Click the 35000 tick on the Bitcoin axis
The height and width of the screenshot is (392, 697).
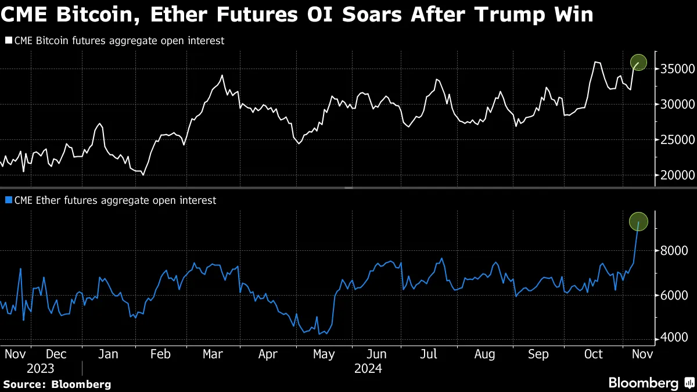coord(676,69)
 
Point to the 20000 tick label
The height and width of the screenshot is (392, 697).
coord(676,175)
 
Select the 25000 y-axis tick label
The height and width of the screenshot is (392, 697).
coord(676,140)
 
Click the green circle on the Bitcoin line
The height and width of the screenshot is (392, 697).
coord(638,62)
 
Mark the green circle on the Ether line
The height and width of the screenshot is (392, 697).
coord(638,221)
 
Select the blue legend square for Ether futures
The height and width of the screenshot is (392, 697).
coord(8,200)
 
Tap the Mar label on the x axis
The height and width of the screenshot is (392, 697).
coord(213,354)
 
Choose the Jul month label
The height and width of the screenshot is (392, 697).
coord(429,354)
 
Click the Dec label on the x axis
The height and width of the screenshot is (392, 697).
coord(56,354)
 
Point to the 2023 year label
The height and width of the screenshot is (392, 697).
coord(40,369)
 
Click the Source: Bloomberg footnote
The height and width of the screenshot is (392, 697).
coord(57,384)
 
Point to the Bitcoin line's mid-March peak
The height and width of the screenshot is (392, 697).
coord(222,75)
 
